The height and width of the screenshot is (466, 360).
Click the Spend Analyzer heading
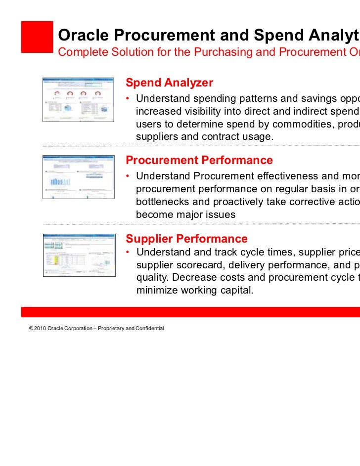[x=169, y=83]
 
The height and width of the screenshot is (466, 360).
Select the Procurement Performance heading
[x=199, y=160]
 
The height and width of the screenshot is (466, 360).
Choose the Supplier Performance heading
[x=186, y=239]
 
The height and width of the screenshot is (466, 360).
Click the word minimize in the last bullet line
[x=157, y=292]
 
